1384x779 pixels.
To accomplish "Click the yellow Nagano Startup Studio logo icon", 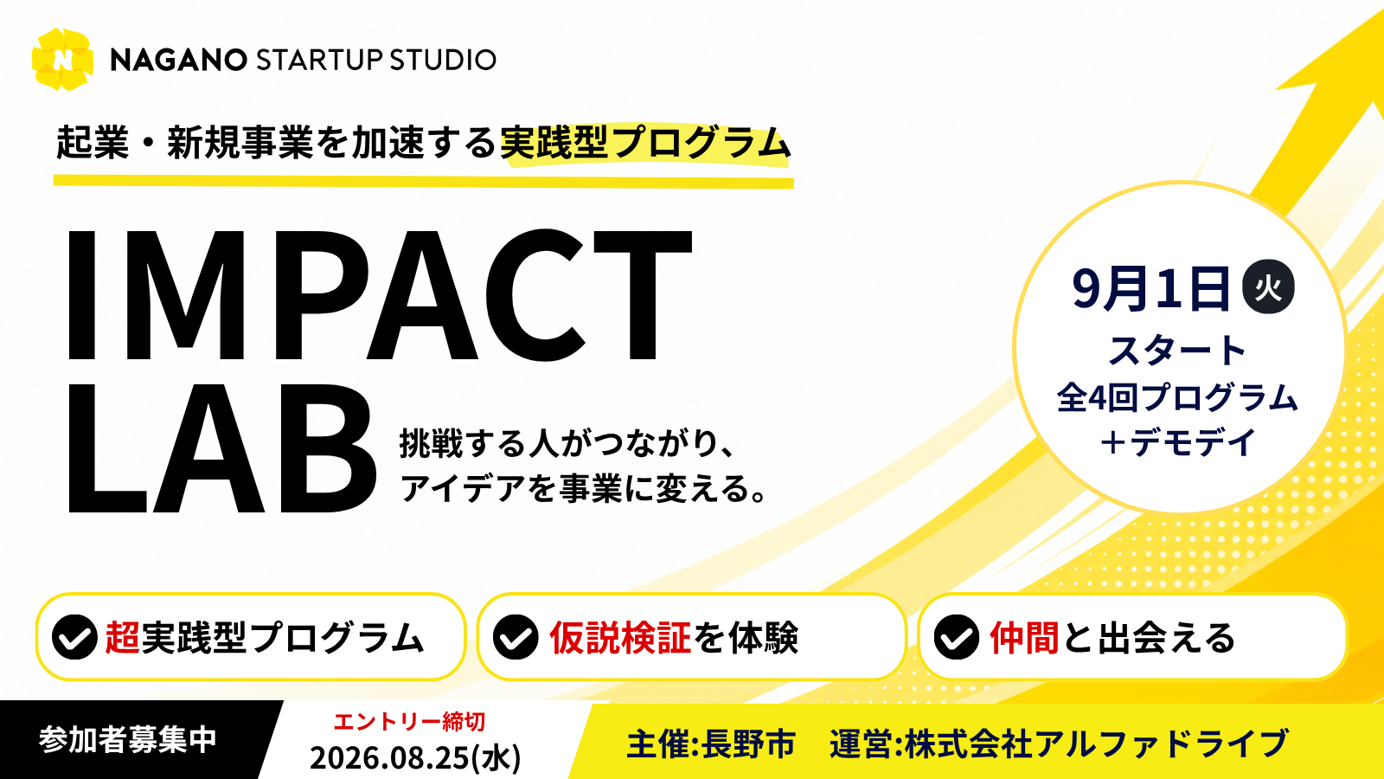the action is tap(62, 60).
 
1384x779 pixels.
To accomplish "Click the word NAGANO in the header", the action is tap(178, 60).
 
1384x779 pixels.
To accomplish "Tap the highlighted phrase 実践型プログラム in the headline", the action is tap(645, 143).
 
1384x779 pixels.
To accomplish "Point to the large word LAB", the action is tap(221, 447).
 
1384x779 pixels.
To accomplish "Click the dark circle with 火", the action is tap(1268, 286).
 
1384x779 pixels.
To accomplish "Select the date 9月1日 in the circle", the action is tap(1151, 288).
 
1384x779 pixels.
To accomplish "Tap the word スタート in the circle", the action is tap(1177, 350).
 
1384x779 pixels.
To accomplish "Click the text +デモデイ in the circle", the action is tap(1177, 442).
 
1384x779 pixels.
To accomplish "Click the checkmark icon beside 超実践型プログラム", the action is tap(74, 637).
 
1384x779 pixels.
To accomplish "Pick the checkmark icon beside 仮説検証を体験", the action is tap(516, 637).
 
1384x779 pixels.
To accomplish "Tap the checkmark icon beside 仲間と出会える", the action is tap(957, 637).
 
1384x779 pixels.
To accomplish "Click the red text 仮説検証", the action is tap(619, 637).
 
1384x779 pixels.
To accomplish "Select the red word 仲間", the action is tap(1024, 637).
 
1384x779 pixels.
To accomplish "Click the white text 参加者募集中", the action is tap(128, 739).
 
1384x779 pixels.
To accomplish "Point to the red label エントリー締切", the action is tap(410, 722).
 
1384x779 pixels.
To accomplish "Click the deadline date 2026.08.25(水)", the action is tap(415, 757).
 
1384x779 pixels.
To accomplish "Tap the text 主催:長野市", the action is tap(711, 744).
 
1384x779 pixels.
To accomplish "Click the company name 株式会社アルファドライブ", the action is tap(1097, 744).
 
